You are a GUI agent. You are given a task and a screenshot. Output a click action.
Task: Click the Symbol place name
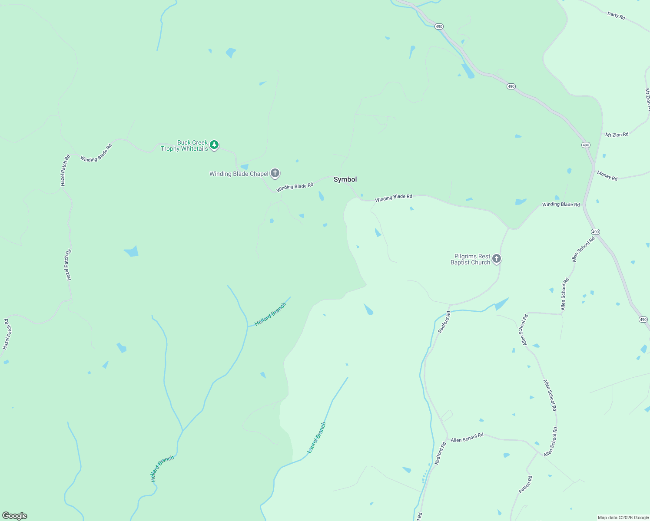[x=345, y=179]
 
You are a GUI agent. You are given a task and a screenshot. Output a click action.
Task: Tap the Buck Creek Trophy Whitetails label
[x=185, y=146]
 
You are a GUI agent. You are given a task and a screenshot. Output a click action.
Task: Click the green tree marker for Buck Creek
[x=214, y=145]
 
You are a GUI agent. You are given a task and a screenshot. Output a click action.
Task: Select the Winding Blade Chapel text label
[x=239, y=174]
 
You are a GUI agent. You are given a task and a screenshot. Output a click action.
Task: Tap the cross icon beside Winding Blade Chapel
[x=275, y=173]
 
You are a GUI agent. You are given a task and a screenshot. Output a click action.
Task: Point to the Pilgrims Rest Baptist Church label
[x=471, y=260]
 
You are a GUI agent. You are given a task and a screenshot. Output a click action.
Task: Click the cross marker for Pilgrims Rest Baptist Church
[x=497, y=259]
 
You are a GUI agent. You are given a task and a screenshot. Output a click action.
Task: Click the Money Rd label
[x=607, y=175]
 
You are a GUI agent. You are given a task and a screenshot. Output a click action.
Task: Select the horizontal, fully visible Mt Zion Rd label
[x=617, y=135]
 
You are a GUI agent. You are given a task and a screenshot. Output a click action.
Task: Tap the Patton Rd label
[x=525, y=485]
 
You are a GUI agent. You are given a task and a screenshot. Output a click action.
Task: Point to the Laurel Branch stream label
[x=317, y=438]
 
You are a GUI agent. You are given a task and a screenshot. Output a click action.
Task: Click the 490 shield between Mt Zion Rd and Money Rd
[x=586, y=145]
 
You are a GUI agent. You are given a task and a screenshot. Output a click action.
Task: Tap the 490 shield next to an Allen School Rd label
[x=595, y=232]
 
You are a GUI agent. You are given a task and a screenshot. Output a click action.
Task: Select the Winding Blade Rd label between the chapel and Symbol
[x=295, y=187]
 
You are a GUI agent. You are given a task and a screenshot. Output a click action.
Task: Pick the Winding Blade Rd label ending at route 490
[x=561, y=204]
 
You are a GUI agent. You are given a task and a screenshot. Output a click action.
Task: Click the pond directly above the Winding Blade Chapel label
[x=244, y=167]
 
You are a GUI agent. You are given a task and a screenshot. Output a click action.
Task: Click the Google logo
[x=15, y=516]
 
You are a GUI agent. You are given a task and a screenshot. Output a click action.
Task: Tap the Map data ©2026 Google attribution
[x=623, y=518]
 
